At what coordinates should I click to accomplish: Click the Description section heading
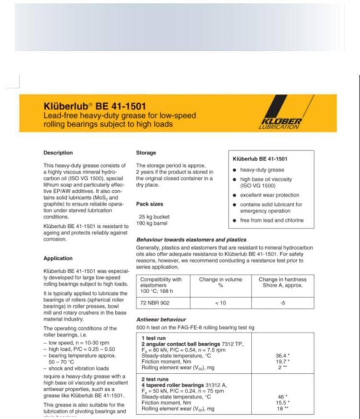[x=58, y=153]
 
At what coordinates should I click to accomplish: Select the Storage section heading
[x=146, y=153]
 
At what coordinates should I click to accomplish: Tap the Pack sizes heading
[x=150, y=204]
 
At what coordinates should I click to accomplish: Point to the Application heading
[x=58, y=258]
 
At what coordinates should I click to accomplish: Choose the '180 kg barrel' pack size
[x=153, y=223]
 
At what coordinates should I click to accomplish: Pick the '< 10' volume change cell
[x=220, y=303]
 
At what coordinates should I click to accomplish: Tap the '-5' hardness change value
[x=282, y=303]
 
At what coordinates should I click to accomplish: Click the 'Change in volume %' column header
[x=221, y=282]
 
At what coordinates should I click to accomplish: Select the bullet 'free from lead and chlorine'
[x=272, y=220]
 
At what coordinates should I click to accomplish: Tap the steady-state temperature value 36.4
[x=282, y=356]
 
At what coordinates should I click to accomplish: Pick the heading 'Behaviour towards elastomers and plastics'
[x=192, y=239]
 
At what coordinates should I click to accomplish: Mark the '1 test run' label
[x=154, y=337]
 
